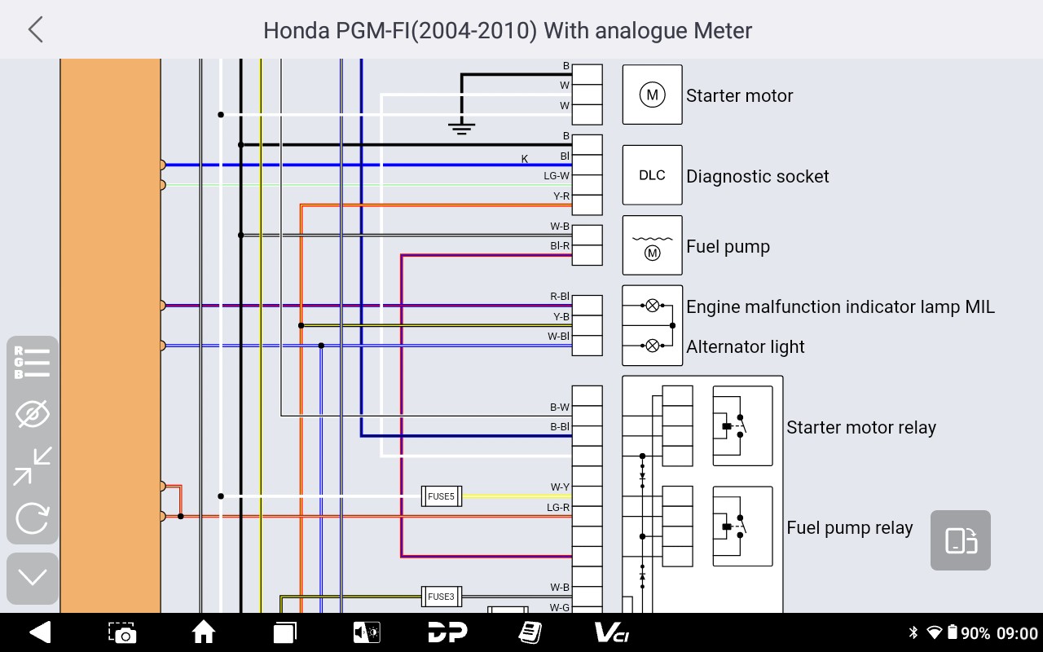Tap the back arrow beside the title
tap(35, 30)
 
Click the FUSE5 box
tap(442, 496)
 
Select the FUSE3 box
tap(442, 597)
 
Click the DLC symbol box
tap(653, 175)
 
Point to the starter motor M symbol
tap(653, 95)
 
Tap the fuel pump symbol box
tap(653, 245)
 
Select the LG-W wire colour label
tap(557, 176)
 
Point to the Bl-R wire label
tap(560, 246)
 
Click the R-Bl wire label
tap(560, 296)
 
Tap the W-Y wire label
tap(560, 487)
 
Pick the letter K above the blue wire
tap(525, 159)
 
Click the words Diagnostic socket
tap(758, 177)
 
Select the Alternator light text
tap(746, 347)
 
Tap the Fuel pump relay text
tap(850, 528)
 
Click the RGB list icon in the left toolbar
tap(32, 363)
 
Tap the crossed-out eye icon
tap(32, 413)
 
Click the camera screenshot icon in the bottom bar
tap(122, 633)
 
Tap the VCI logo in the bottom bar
tap(612, 633)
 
